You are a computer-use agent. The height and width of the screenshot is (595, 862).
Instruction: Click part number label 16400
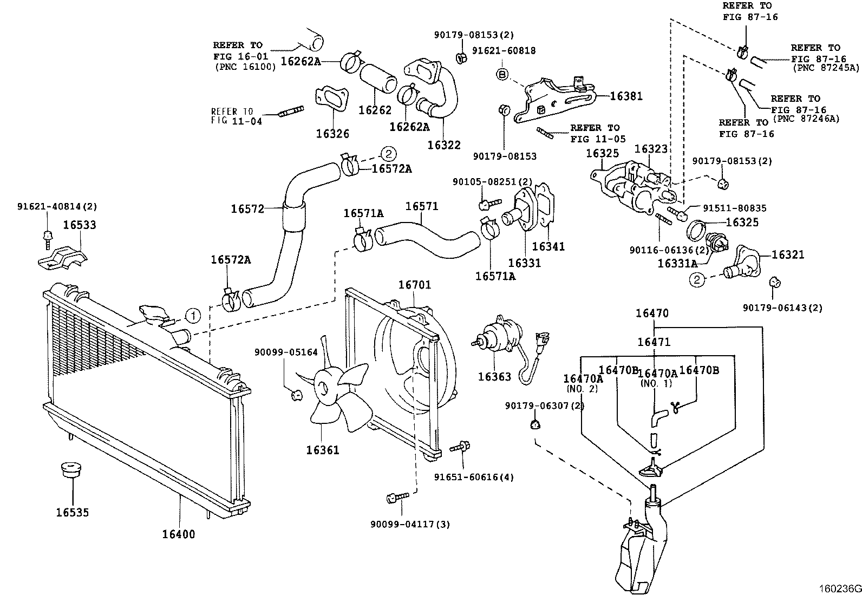(179, 534)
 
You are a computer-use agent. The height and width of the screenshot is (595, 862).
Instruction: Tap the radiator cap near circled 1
(153, 315)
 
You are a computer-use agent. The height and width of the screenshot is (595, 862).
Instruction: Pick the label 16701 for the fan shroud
(415, 285)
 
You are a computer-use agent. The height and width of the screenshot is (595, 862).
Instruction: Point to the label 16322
(443, 145)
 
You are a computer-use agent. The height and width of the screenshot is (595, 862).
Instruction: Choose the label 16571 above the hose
(422, 206)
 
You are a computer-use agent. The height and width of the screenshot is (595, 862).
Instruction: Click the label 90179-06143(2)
(782, 308)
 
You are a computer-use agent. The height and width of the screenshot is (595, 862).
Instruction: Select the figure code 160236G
(839, 589)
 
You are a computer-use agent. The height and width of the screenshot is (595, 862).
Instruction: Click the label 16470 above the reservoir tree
(652, 313)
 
